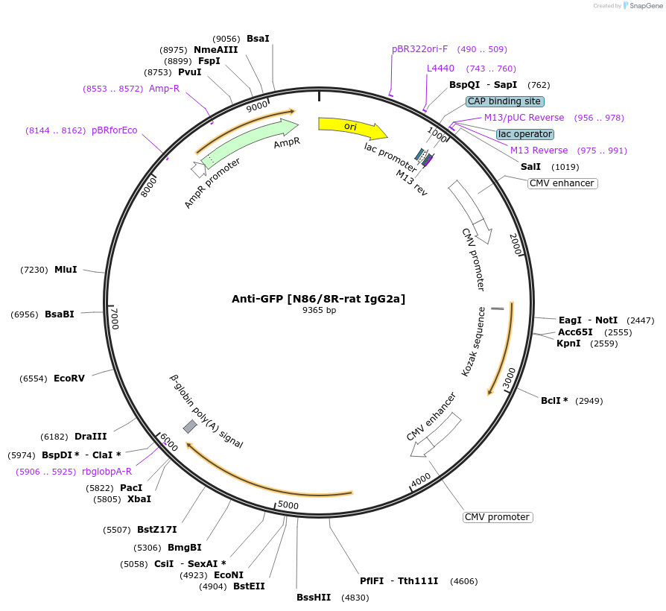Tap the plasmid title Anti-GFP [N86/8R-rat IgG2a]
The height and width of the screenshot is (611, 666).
coord(319,299)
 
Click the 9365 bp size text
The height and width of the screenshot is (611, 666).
coord(319,311)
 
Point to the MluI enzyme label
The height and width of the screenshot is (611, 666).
coord(66,270)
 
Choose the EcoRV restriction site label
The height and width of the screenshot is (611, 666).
coord(69,379)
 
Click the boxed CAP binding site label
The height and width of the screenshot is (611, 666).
coord(504,101)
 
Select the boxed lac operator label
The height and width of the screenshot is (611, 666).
coord(524,134)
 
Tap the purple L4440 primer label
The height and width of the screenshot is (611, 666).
coord(440,69)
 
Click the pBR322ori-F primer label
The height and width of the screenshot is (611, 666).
coord(420,49)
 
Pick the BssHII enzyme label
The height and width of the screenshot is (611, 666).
coord(314,598)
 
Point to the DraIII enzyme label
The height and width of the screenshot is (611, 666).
coord(91,437)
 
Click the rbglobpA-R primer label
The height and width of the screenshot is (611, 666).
coord(107,472)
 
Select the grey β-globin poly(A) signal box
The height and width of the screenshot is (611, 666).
coord(190,426)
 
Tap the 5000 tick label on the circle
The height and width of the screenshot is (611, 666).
coord(288,506)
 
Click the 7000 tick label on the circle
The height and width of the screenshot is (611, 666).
coord(115,320)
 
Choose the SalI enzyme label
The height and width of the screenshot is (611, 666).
coord(530,167)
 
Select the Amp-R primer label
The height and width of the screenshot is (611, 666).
coord(164,89)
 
